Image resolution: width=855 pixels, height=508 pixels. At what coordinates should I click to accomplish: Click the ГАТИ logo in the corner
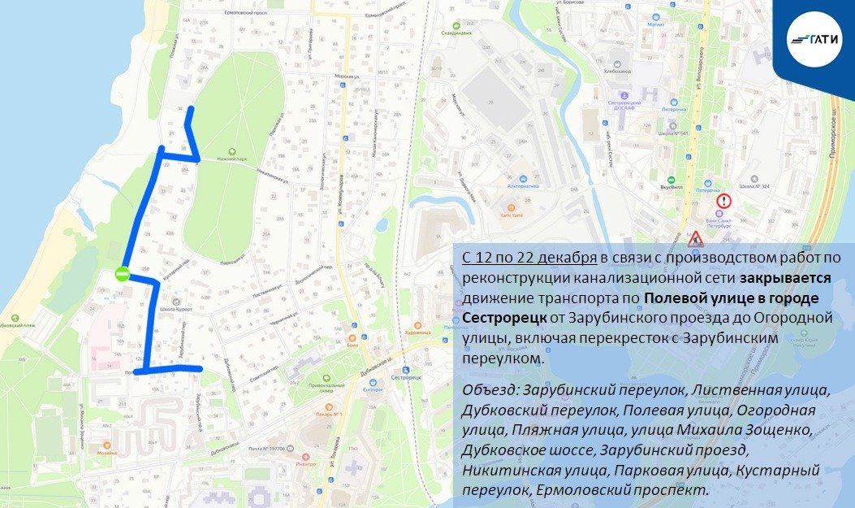[815, 37]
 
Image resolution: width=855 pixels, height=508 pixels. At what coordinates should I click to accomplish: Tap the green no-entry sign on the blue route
[122, 275]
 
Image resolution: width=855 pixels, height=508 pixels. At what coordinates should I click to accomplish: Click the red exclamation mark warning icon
[723, 201]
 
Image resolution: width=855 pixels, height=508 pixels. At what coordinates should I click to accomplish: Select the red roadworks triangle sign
[695, 240]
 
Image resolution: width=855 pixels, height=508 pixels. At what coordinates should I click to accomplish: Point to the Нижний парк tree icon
[233, 150]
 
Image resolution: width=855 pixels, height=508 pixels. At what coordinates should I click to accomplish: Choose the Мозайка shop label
[106, 452]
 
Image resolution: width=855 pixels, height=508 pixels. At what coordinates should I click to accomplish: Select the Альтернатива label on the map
[524, 185]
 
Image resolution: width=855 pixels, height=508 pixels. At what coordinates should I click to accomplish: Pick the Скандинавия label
[456, 33]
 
